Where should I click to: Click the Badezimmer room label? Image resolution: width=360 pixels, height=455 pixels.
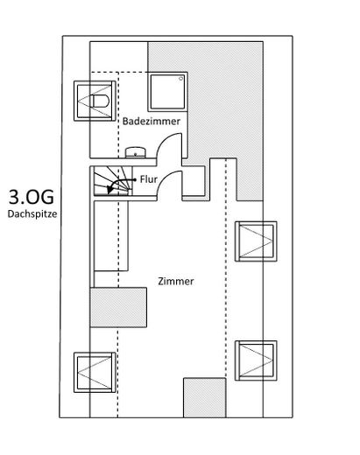(152, 122)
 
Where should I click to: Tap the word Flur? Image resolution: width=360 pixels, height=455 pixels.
(149, 179)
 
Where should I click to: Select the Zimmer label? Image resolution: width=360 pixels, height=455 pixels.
(176, 282)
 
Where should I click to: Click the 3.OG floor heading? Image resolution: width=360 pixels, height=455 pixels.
(32, 197)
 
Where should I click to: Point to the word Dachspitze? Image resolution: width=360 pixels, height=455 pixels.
(32, 213)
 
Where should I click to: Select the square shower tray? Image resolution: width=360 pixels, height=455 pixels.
(167, 92)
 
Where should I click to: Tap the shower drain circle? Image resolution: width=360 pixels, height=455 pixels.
(181, 78)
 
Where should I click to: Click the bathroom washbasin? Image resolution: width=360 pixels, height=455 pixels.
(136, 152)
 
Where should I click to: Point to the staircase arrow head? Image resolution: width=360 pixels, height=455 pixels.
(109, 190)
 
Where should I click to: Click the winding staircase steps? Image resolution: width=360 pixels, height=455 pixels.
(112, 180)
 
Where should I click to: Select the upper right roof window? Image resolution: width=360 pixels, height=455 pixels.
(256, 241)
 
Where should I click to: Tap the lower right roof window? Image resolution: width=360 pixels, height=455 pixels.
(256, 360)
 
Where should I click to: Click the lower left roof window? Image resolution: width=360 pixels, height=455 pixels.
(95, 373)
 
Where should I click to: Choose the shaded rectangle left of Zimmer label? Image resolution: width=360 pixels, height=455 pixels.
(118, 307)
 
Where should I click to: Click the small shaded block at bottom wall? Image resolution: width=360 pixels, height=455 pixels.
(205, 398)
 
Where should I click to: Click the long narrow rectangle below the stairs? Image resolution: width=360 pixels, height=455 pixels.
(111, 236)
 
